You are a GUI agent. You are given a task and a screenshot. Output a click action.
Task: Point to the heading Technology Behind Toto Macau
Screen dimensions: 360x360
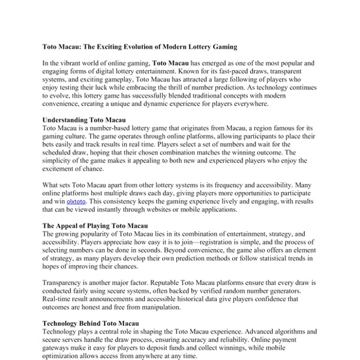90,323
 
